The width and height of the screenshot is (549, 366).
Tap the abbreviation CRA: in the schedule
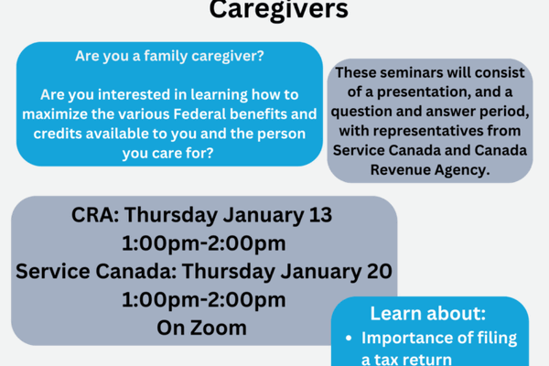[x=94, y=217]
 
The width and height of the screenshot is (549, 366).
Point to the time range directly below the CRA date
[x=203, y=244]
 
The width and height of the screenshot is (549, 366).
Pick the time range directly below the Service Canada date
[x=203, y=299]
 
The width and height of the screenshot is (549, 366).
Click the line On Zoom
[x=203, y=327]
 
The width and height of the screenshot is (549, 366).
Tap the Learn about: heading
[x=429, y=312]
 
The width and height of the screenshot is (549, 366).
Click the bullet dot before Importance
[x=349, y=339]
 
